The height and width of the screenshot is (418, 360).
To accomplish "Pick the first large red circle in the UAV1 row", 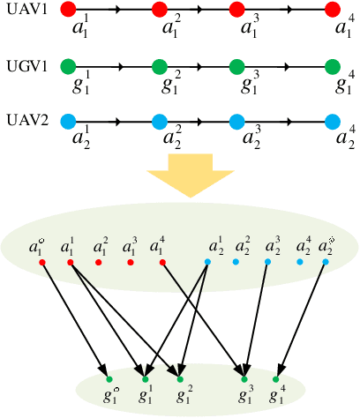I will (68, 11).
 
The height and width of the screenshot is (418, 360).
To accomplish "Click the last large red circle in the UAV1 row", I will (332, 11).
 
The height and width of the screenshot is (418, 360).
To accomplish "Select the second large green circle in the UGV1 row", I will (159, 66).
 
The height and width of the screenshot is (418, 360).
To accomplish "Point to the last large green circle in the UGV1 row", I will (332, 66).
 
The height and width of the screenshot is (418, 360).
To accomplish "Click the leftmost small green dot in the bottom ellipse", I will (109, 379).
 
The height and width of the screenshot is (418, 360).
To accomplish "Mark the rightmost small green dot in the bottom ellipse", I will (275, 379).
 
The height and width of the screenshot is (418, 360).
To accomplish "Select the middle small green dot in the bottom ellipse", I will (180, 379).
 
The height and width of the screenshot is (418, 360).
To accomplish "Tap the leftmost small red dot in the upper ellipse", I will (41, 262).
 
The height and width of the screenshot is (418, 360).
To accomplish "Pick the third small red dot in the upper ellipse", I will (101, 262).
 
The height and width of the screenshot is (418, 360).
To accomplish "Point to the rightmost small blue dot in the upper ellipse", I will (326, 262).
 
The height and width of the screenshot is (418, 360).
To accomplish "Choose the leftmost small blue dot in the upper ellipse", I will (207, 262).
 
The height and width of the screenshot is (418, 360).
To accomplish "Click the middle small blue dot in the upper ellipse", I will (267, 262).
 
